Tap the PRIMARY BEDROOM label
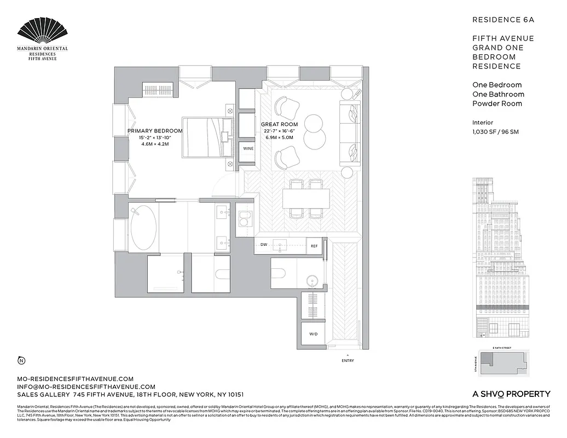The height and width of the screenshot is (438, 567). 155,131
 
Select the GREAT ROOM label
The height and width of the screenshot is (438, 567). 279,125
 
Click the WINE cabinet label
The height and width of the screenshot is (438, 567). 248,148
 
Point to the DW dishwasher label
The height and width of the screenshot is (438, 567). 264,245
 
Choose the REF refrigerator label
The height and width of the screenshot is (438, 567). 314,246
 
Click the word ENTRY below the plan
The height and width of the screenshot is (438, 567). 348,361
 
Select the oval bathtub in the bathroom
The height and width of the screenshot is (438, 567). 144,228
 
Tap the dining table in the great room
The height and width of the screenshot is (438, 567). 306,198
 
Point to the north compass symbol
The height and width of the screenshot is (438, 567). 21,360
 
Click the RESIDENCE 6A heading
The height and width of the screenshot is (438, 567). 502,20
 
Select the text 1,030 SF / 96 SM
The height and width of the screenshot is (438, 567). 497,132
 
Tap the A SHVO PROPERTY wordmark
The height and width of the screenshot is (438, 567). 511,394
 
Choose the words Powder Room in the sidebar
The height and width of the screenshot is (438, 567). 497,103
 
